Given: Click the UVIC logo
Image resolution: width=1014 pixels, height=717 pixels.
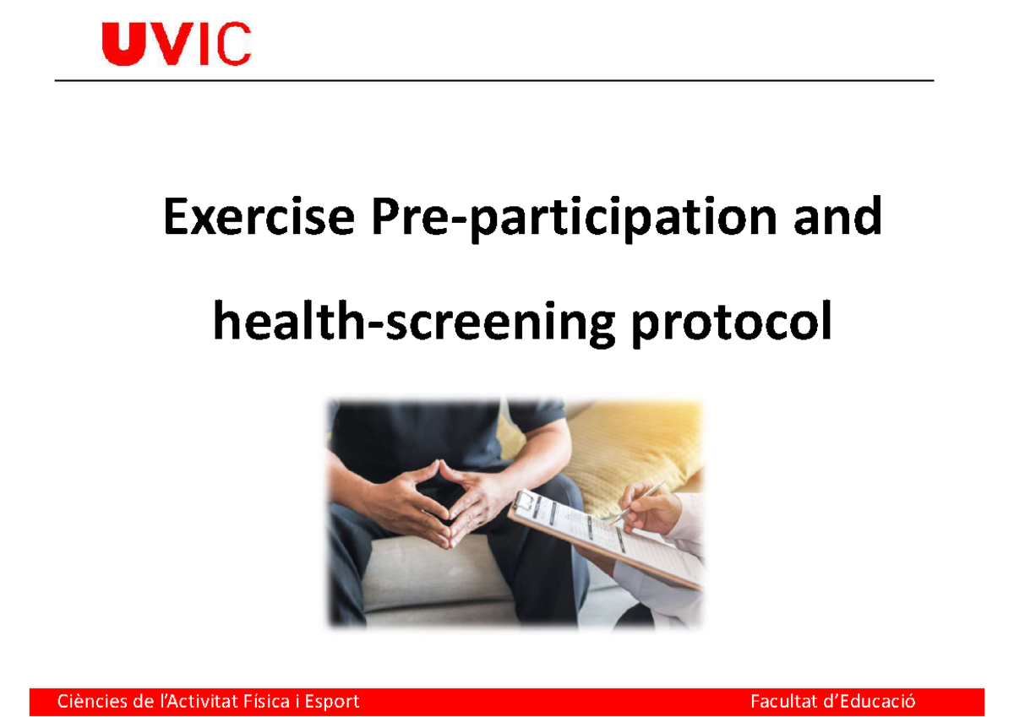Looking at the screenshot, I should [x=177, y=45].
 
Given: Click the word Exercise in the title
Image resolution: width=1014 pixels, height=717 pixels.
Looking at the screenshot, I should [x=258, y=219].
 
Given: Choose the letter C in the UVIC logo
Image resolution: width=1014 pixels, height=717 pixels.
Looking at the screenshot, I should [x=234, y=45].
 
